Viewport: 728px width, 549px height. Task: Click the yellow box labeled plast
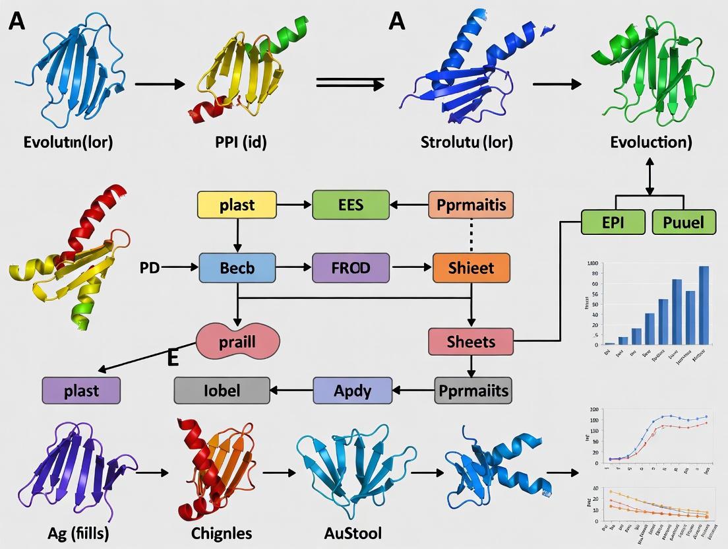[236, 205]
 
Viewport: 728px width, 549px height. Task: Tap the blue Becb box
[236, 268]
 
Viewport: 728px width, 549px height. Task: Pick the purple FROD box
[351, 268]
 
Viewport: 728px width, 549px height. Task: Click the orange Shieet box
[471, 268]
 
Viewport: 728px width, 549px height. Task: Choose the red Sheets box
[471, 341]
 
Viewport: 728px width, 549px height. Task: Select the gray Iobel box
[222, 390]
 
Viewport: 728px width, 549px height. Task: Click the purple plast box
[81, 390]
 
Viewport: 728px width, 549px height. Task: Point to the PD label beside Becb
[150, 268]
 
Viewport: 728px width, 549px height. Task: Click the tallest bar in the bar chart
[704, 304]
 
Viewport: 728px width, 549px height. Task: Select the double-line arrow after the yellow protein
[350, 84]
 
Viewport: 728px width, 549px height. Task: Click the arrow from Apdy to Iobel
[291, 390]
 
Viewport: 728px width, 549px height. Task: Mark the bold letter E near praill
[173, 358]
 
